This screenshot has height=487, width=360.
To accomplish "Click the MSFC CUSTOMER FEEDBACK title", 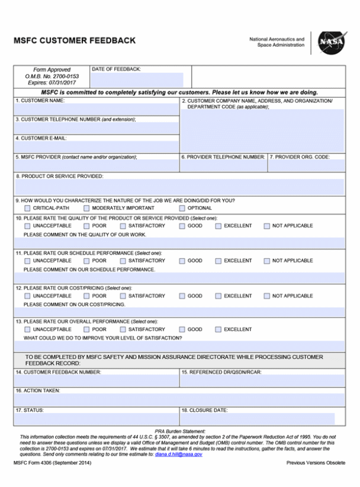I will pyautogui.click(x=74, y=41).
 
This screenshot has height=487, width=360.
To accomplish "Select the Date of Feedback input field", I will pyautogui.click(x=137, y=80).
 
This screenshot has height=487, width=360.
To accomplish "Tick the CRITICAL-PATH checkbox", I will pyautogui.click(x=27, y=209).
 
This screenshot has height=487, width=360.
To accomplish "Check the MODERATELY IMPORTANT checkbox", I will pyautogui.click(x=86, y=209).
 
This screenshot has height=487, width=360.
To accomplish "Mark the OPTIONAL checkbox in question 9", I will pyautogui.click(x=182, y=209).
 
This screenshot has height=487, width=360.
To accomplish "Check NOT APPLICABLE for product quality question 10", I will pyautogui.click(x=266, y=226).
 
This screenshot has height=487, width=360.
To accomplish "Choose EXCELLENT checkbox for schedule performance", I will pyautogui.click(x=218, y=261).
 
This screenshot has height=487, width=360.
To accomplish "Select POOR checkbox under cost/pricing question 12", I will pyautogui.click(x=86, y=296).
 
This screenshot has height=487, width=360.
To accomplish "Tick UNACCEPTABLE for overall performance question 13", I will pyautogui.click(x=27, y=329).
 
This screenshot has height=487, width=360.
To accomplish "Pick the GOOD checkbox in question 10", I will pyautogui.click(x=182, y=226).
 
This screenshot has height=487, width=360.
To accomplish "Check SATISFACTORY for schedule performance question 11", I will pyautogui.click(x=123, y=261).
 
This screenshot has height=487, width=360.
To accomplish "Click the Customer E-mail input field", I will pyautogui.click(x=96, y=146).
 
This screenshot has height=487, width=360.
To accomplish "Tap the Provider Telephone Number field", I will pyautogui.click(x=223, y=165).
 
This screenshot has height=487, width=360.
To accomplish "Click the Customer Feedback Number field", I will pyautogui.click(x=96, y=381).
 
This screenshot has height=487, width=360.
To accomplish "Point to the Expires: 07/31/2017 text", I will pyautogui.click(x=52, y=83).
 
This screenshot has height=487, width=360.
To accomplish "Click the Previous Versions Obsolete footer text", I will pyautogui.click(x=316, y=463).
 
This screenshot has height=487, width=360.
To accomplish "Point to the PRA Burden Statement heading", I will pyautogui.click(x=180, y=431).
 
